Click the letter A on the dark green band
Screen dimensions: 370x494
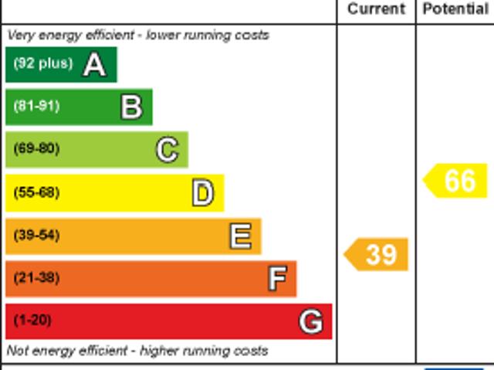(x=94, y=65)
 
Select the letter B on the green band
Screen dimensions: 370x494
(x=131, y=107)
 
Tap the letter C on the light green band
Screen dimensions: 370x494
(x=167, y=150)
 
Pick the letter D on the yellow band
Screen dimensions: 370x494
(x=203, y=193)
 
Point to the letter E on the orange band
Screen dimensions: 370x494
(x=240, y=236)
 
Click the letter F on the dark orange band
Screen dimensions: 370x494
(x=277, y=279)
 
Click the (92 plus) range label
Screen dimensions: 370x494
(x=42, y=63)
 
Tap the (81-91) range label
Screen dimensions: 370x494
(x=36, y=106)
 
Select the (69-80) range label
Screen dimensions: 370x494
(x=36, y=148)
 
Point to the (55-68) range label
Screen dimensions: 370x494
(x=36, y=192)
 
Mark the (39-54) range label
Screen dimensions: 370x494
(x=36, y=235)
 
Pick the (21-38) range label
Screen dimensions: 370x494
(x=36, y=277)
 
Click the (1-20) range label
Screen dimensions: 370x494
(x=32, y=320)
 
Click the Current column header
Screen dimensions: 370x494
(x=376, y=9)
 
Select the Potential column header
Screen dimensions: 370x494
(x=455, y=9)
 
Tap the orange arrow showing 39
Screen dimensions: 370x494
(x=377, y=254)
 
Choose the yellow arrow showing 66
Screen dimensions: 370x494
(x=457, y=181)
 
